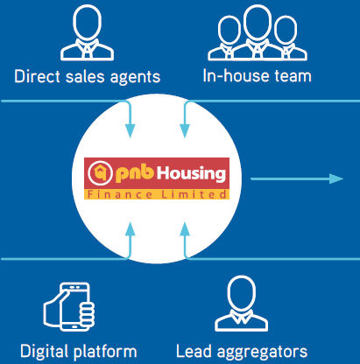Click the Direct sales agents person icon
pyautogui.click(x=87, y=32)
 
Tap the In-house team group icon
pyautogui.click(x=258, y=32)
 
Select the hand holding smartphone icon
pyautogui.click(x=69, y=306)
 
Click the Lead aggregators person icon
pyautogui.click(x=242, y=304)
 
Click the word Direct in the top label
pyautogui.click(x=38, y=76)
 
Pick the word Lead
pyautogui.click(x=194, y=351)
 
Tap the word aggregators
pyautogui.click(x=262, y=353)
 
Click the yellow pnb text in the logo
pyautogui.click(x=135, y=173)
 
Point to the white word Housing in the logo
pyautogui.click(x=192, y=174)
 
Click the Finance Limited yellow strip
pyautogui.click(x=157, y=194)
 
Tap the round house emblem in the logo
pyautogui.click(x=100, y=173)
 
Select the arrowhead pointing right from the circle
pyautogui.click(x=336, y=178)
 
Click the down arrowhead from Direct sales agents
pyautogui.click(x=131, y=131)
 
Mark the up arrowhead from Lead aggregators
pyautogui.click(x=185, y=229)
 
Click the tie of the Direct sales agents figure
pyautogui.click(x=87, y=52)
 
